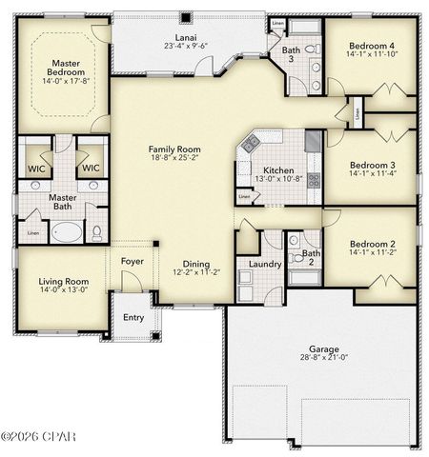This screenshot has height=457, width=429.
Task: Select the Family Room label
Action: (174, 149)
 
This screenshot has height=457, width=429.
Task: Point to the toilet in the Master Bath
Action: (95, 231)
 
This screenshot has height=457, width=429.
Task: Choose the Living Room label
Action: (63, 282)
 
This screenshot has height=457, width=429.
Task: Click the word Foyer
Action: (132, 260)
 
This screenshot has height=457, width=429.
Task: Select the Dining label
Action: (196, 265)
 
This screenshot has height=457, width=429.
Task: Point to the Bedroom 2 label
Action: (371, 245)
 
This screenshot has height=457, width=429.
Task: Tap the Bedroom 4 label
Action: (371, 46)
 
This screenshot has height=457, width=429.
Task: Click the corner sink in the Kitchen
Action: (251, 144)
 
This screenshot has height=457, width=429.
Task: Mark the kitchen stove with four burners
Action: (314, 179)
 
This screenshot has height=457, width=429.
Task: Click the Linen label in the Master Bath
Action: (33, 232)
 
